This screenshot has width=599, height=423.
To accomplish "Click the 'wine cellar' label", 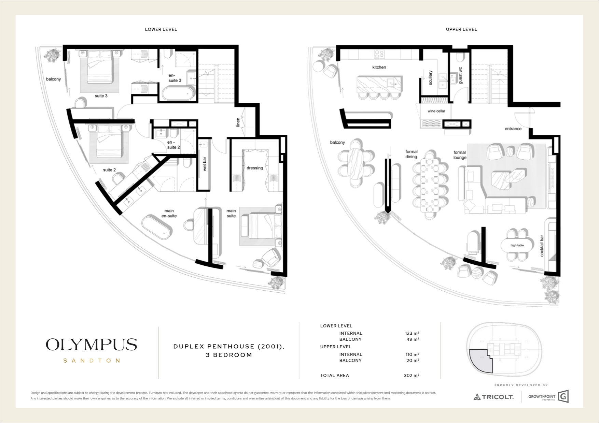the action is click(x=436, y=111).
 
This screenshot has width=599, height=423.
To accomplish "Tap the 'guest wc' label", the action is click(x=460, y=75).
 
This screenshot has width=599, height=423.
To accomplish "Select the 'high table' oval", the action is click(x=517, y=245).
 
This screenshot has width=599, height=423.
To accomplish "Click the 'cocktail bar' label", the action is click(x=542, y=246).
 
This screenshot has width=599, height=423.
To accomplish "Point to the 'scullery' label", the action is click(x=430, y=78).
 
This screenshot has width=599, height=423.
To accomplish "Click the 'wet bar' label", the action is click(x=205, y=164).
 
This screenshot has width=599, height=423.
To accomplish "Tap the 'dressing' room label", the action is click(x=255, y=168).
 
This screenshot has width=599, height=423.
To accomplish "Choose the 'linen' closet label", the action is click(x=238, y=122).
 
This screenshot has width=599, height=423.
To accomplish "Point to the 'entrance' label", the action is click(x=513, y=129).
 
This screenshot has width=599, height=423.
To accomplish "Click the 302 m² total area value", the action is click(x=411, y=375).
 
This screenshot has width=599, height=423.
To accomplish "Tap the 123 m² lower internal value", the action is click(x=412, y=333).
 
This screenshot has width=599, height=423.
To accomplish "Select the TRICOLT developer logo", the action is click(x=493, y=397).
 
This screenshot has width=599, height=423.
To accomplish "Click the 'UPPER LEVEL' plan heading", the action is click(x=461, y=29).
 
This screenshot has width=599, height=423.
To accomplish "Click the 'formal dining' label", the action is click(x=412, y=154).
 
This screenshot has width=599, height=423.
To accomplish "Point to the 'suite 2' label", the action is click(x=109, y=170).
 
